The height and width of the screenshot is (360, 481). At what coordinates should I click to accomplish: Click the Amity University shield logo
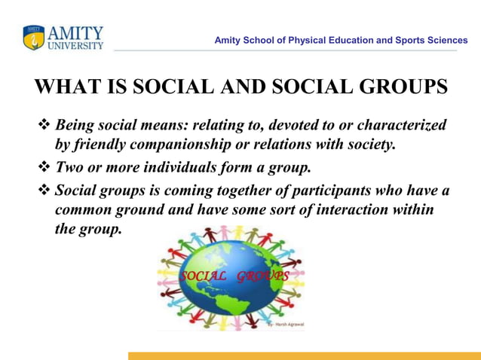[x=34, y=38]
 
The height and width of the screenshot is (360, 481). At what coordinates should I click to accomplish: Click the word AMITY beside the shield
[x=75, y=33]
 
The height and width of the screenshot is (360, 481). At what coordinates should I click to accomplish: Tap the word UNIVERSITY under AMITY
[x=75, y=46]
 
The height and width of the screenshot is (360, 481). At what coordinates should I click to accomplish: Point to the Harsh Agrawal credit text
[x=287, y=325]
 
